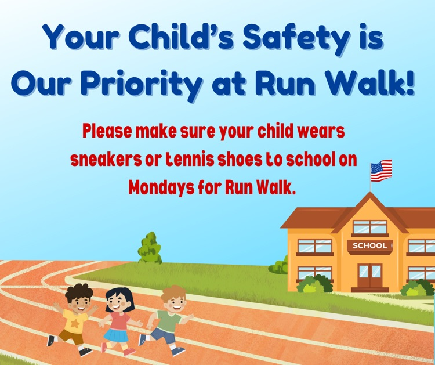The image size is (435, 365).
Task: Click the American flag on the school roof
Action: point(381,171)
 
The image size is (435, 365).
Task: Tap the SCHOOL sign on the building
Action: point(369,245)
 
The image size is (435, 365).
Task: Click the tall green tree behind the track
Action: point(150,248)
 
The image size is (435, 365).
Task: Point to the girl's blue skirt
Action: point(114,335)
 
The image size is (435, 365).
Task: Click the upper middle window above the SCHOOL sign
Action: point(369,226)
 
